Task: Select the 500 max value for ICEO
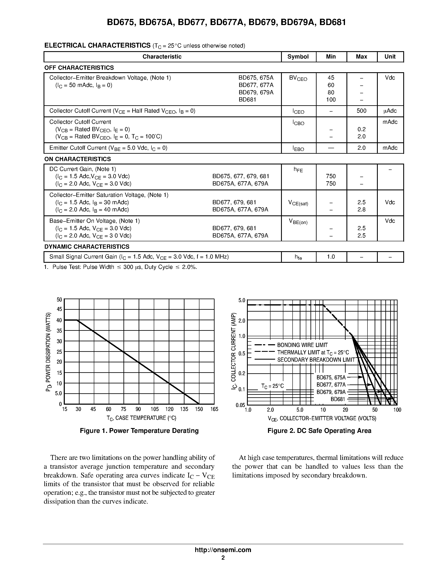coord(361,111)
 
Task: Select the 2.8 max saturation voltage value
coord(361,210)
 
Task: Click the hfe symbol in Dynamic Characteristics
coord(298,257)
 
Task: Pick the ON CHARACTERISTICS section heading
coord(78,159)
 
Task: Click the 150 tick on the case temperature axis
coord(199,409)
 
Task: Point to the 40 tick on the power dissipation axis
coord(59,320)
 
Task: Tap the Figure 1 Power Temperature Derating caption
coord(139,431)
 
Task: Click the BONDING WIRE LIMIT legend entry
coord(302,345)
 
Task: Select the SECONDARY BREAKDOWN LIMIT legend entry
coord(316,360)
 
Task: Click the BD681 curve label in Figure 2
coord(338,399)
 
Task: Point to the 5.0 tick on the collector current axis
coord(242,300)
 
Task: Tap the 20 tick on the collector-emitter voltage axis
coord(345,410)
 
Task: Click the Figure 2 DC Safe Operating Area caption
coord(319,431)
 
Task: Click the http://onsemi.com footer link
coord(223,550)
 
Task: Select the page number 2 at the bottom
coord(223,558)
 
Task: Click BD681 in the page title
coord(333,22)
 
